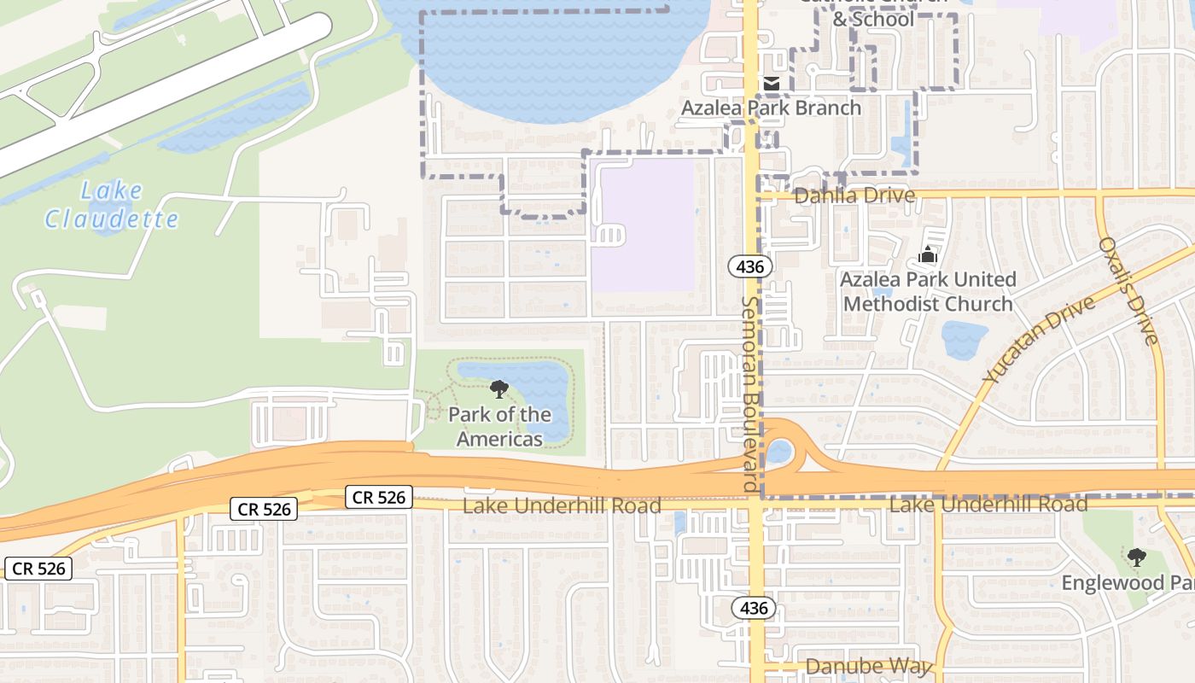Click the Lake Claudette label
click(111, 205)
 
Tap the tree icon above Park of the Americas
click(499, 390)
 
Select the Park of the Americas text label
click(499, 427)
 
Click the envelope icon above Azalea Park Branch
click(771, 84)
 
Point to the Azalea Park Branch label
click(771, 108)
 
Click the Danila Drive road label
click(854, 196)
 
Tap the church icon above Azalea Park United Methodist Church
click(927, 254)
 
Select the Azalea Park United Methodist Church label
click(928, 292)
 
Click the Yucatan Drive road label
click(1038, 340)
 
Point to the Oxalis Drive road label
click(1128, 290)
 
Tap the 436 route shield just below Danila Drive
click(750, 266)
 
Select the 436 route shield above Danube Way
click(754, 609)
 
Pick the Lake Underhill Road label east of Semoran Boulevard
click(988, 505)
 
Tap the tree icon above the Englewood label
click(1135, 558)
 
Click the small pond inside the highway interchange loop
click(778, 451)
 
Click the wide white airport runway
click(162, 94)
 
